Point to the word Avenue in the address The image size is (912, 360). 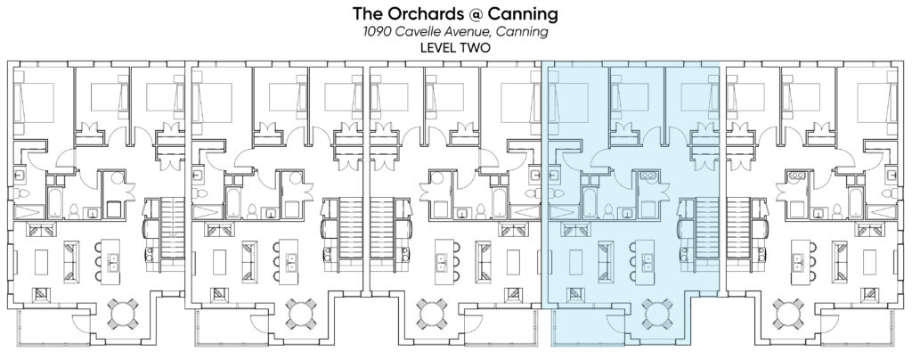coord(460,31)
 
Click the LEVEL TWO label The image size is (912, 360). coord(455,48)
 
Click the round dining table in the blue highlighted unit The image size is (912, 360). coord(657,314)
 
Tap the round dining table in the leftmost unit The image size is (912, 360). coord(123,314)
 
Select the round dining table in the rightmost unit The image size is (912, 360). coord(789,314)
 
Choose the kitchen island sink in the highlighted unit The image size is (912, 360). coord(647,262)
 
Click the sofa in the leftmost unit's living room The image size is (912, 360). coord(71,262)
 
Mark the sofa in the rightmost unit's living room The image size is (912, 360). coord(840,262)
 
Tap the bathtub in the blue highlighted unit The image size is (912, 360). coord(588,203)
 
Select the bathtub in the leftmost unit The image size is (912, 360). coord(54,203)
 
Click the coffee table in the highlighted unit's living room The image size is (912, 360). coord(575,262)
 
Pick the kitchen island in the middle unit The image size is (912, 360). coord(443,262)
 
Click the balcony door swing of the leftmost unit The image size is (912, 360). coord(80,319)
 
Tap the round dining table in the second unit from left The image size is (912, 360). coord(301,314)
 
